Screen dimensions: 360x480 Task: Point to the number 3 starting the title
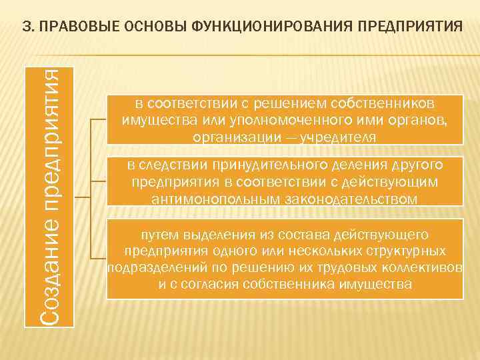pos(26,27)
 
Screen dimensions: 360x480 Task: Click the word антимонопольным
pos(208,198)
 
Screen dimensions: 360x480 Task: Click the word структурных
pos(401,251)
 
